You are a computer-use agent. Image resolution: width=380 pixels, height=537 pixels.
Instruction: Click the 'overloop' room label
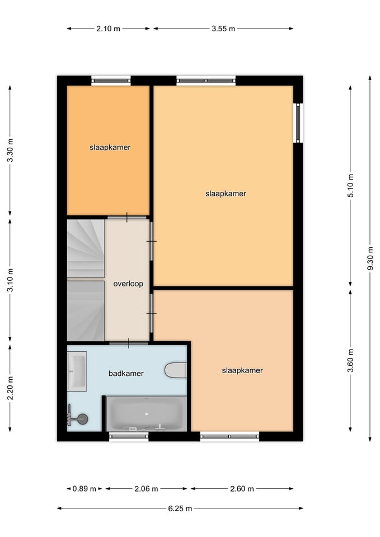128,284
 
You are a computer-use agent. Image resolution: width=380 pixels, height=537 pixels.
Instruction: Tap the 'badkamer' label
126,374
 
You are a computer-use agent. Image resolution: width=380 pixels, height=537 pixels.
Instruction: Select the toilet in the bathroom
176,370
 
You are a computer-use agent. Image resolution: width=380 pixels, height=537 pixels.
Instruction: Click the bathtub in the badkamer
147,414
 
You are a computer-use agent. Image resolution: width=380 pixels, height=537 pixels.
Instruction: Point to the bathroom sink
77,371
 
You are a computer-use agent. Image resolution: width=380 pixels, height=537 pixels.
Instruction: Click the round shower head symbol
83,419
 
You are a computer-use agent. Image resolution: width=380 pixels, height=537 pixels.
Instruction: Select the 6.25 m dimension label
180,508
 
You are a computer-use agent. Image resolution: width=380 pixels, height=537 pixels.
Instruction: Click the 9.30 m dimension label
370,258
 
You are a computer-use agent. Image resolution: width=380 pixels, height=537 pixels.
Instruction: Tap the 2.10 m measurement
108,29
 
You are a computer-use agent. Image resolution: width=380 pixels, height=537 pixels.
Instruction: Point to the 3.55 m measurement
223,29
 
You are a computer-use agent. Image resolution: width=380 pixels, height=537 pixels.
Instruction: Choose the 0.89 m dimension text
85,489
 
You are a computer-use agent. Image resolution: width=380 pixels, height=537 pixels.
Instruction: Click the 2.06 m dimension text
146,489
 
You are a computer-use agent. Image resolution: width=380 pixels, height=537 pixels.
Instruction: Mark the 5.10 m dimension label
350,185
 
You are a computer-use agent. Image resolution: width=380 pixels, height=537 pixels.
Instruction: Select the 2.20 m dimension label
10,388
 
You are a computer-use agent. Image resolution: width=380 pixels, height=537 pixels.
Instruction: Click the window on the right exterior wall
298,123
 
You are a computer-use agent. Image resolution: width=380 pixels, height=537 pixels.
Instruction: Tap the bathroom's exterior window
129,436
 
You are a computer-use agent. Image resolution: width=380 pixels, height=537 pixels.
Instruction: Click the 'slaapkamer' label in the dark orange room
110,148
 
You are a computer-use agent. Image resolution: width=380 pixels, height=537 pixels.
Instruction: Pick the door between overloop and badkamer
129,343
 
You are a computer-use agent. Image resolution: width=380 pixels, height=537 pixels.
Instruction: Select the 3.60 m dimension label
350,360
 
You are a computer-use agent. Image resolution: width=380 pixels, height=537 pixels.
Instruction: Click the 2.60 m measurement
242,489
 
